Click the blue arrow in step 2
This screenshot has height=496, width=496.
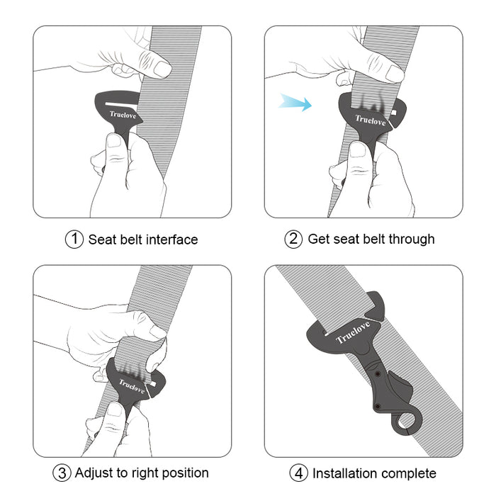pyautogui.click(x=295, y=103)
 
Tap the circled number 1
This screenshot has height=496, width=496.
pyautogui.click(x=74, y=239)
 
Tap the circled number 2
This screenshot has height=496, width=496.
pyautogui.click(x=293, y=239)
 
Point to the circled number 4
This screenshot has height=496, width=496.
pyautogui.click(x=298, y=473)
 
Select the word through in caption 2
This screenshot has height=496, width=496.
pyautogui.click(x=410, y=239)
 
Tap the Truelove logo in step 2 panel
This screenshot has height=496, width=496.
pyautogui.click(x=370, y=120)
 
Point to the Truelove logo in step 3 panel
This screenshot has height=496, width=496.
pyautogui.click(x=131, y=385)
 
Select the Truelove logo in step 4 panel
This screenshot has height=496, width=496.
pyautogui.click(x=352, y=330)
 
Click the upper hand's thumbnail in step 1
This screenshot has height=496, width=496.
pyautogui.click(x=162, y=69)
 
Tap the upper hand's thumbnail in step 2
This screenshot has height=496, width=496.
pyautogui.click(x=394, y=73)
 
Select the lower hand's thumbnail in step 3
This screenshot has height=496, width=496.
pyautogui.click(x=113, y=410)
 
